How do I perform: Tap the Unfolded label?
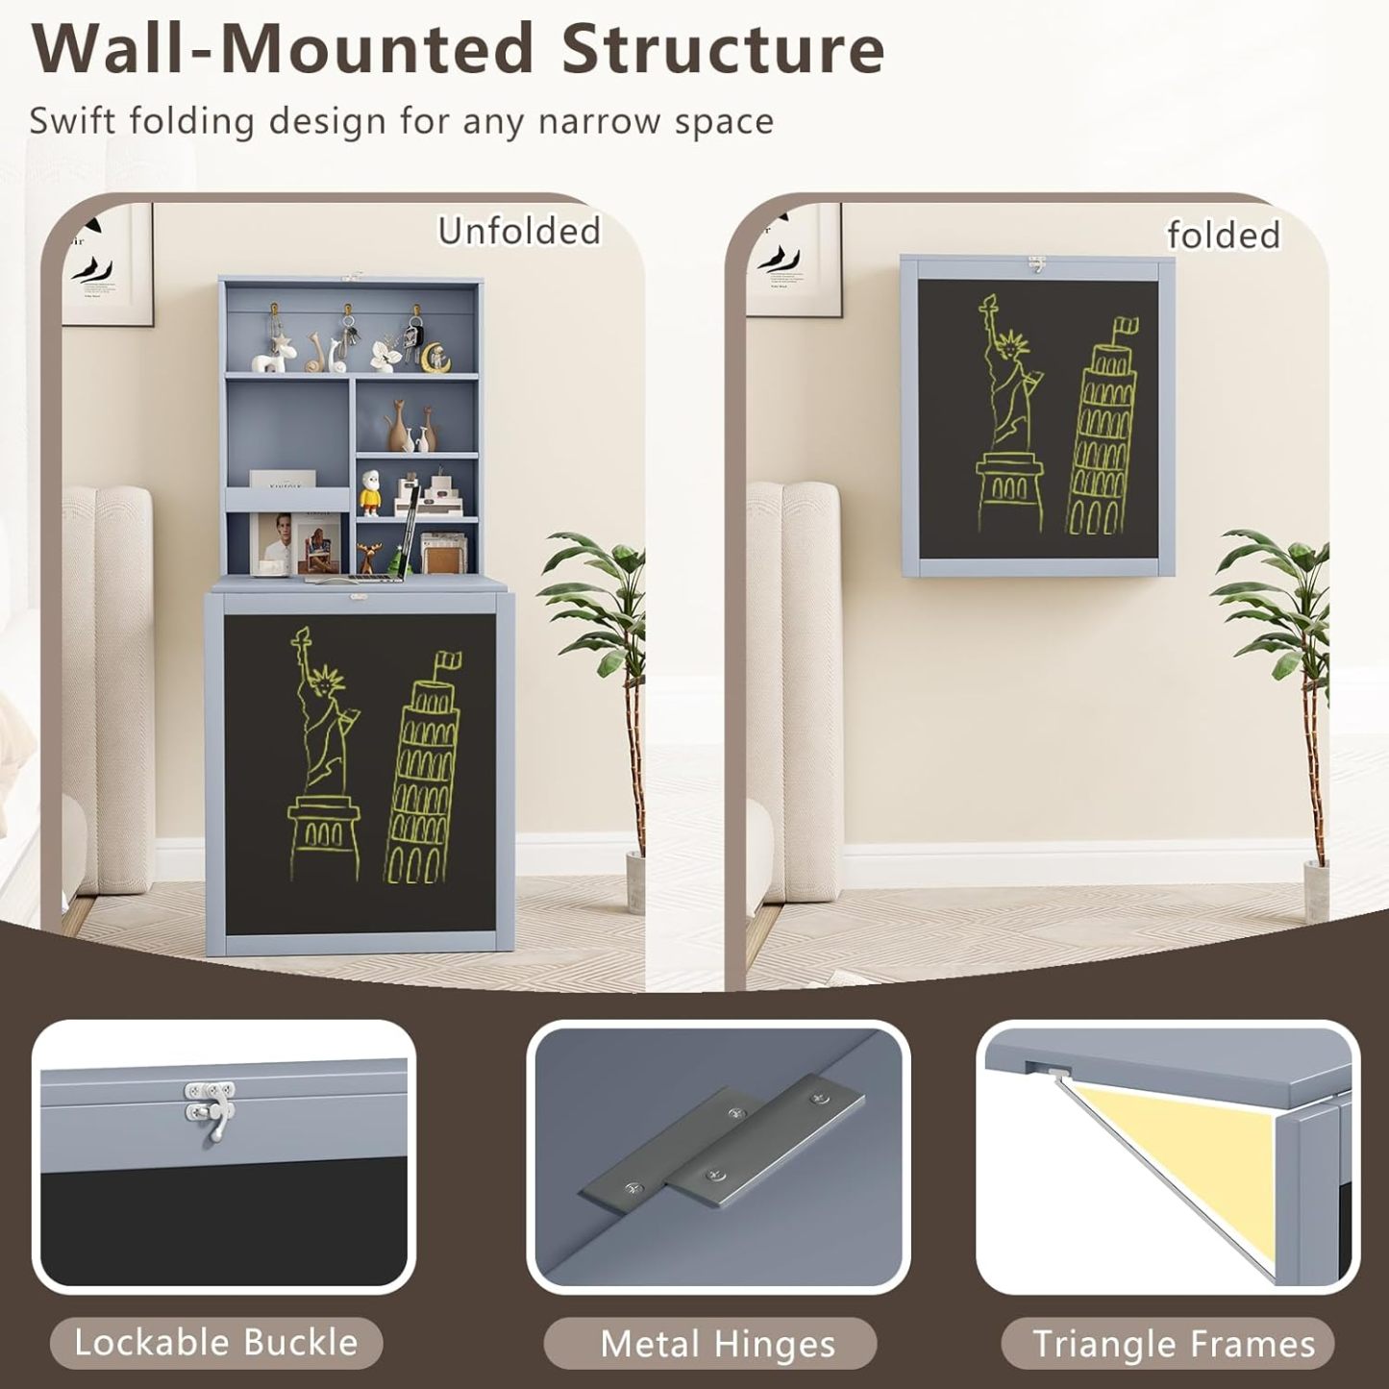coord(519,232)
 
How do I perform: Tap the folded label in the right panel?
coord(1223,236)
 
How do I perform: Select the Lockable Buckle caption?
coord(216,1342)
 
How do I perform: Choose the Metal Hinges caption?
coord(717,1344)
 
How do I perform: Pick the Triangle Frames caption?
coord(1174,1344)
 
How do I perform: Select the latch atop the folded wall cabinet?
coord(1036,267)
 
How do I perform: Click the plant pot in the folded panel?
coord(1316,889)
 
